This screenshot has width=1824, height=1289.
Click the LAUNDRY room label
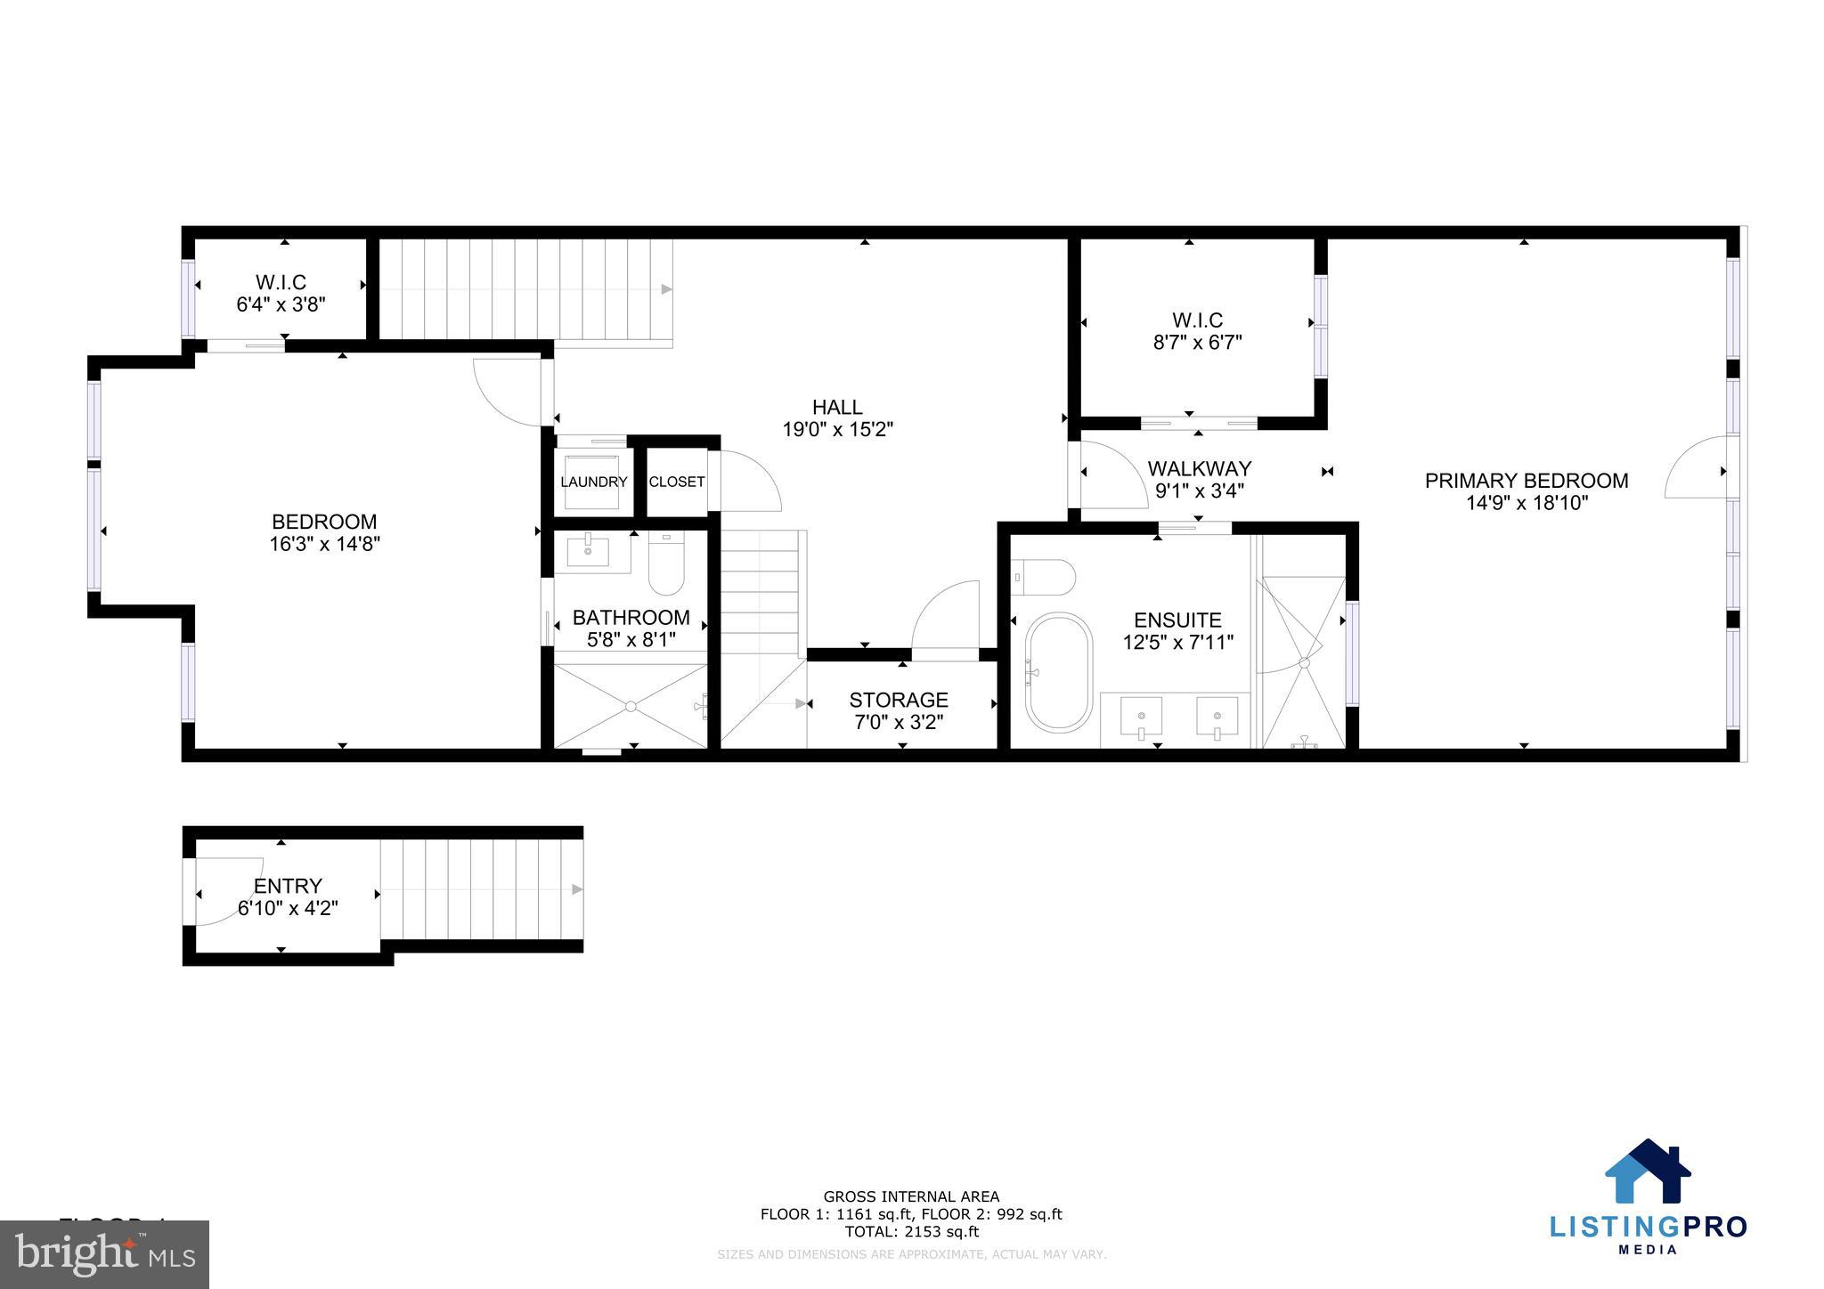tap(593, 482)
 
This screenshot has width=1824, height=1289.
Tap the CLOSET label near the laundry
tap(677, 482)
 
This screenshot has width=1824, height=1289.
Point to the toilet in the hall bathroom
tap(665, 564)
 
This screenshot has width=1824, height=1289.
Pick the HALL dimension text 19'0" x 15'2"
tap(837, 430)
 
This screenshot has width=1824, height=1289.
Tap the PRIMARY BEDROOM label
tap(1527, 481)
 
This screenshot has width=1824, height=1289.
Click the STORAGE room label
tap(898, 700)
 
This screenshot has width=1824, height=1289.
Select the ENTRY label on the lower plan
tap(288, 886)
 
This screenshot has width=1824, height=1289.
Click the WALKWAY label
tap(1199, 468)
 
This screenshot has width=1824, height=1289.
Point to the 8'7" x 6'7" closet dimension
tap(1197, 342)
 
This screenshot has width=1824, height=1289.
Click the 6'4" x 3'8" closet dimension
tap(281, 304)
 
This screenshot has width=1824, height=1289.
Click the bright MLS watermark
tap(105, 1255)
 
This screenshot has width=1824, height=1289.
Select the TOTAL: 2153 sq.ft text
tap(911, 1232)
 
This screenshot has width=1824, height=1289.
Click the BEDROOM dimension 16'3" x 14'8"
tap(324, 544)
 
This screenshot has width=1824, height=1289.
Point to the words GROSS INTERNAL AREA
tap(911, 1196)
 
